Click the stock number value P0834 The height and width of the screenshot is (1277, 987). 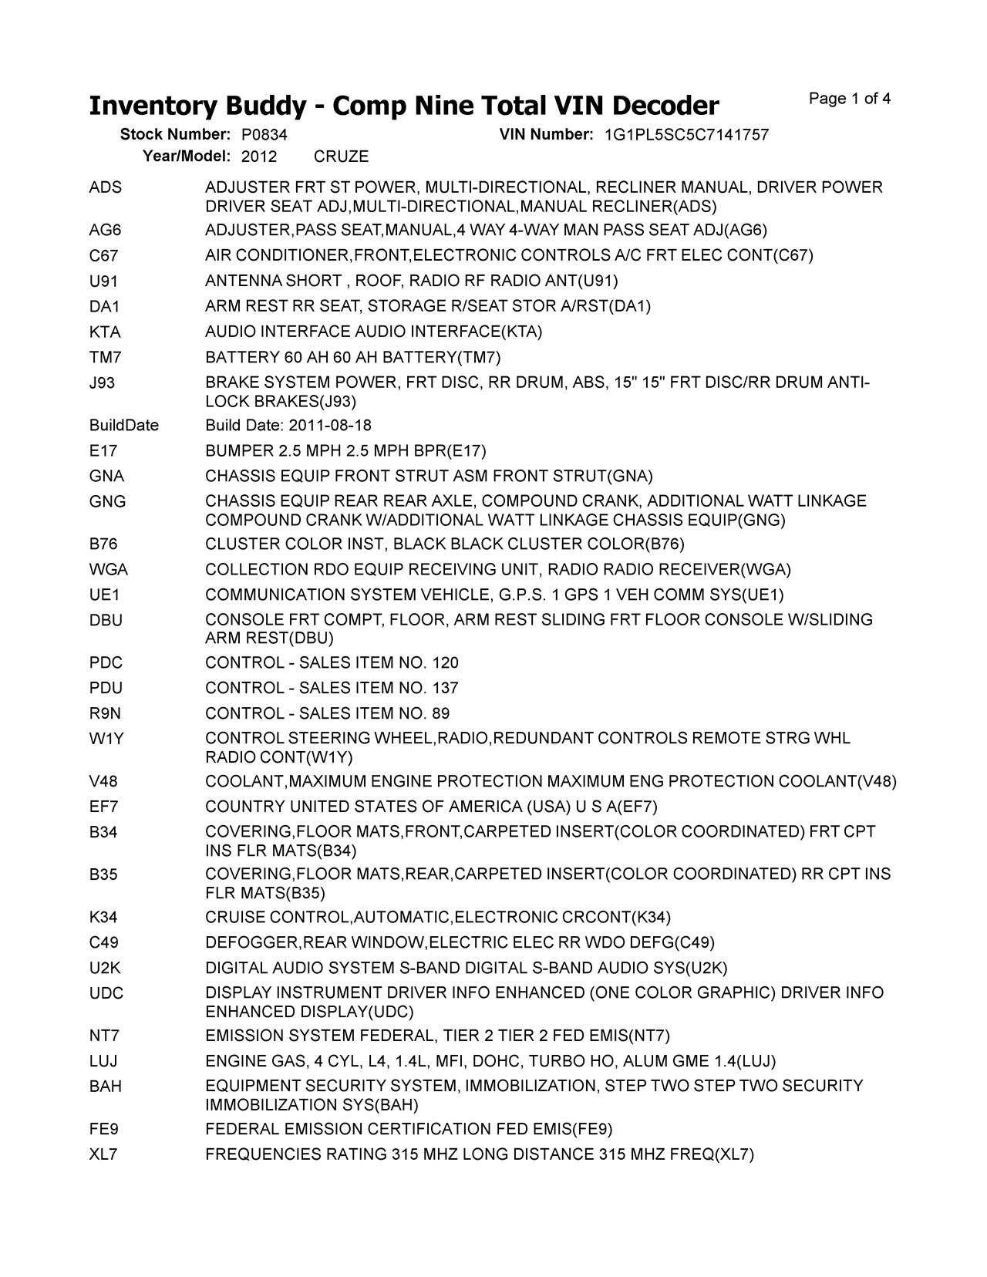coord(259,135)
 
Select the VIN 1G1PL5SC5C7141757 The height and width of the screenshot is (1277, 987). coord(686,135)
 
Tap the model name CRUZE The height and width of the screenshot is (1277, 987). coord(341,157)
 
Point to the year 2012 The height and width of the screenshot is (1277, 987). coord(259,157)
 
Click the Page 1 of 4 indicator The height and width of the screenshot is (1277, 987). coord(850,99)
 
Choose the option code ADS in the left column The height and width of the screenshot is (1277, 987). coord(106,188)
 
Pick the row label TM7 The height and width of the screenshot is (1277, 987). coord(106,358)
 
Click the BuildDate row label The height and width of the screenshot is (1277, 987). coord(124,426)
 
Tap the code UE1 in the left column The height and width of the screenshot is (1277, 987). coord(105,595)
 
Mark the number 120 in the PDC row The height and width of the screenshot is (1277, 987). coord(446,663)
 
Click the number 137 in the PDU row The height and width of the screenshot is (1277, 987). coord(446,688)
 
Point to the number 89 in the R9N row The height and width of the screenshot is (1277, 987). coord(441,713)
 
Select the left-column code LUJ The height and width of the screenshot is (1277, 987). coord(103,1061)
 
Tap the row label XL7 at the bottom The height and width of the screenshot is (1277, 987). coord(104,1154)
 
